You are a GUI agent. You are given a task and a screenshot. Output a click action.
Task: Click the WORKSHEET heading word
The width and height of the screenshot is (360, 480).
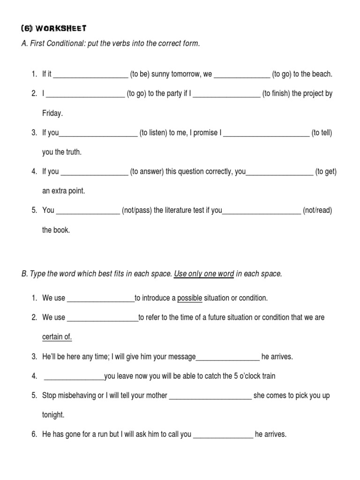60,28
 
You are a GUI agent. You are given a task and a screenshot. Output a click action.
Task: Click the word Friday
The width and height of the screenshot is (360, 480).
52,113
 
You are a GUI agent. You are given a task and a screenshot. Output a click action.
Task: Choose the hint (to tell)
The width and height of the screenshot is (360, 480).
322,133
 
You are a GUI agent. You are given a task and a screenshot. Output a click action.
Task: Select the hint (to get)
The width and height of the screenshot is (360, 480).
326,172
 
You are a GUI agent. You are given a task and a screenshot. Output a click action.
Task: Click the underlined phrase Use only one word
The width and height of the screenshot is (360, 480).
204,274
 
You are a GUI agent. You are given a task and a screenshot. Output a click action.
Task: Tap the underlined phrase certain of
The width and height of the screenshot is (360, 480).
57,337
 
